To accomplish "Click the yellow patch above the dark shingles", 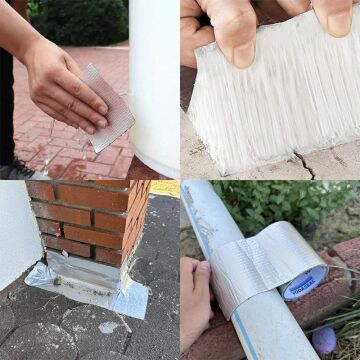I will [165, 187].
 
